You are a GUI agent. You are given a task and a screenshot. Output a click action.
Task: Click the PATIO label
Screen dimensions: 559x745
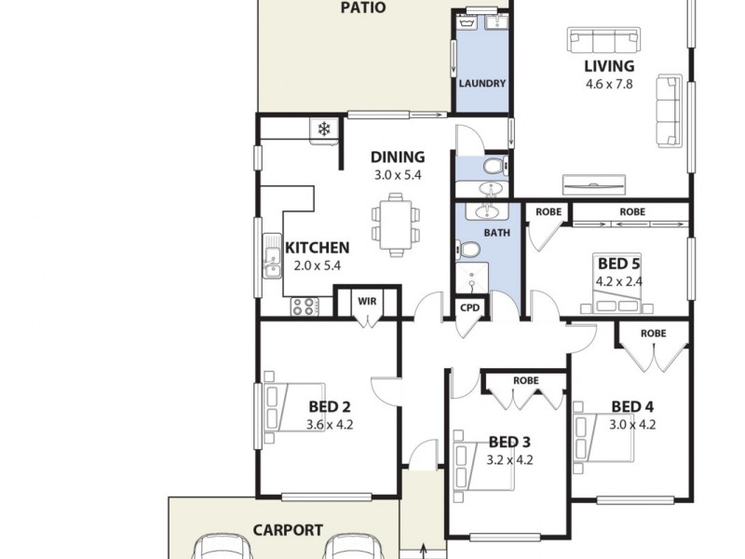click(x=363, y=8)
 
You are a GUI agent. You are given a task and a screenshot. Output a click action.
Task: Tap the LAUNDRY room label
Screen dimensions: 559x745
click(x=482, y=84)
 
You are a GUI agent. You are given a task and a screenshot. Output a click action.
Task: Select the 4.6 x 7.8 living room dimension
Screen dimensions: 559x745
click(x=609, y=84)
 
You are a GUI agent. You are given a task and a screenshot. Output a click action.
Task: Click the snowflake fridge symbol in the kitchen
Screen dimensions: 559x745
click(x=324, y=129)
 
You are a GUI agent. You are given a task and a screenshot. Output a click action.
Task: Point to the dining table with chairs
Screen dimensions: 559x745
click(x=392, y=225)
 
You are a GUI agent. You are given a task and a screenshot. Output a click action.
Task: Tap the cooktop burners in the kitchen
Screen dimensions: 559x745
click(x=304, y=305)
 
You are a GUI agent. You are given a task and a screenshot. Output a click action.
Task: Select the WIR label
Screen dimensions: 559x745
click(x=367, y=301)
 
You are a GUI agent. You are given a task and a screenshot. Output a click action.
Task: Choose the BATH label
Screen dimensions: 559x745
click(x=496, y=233)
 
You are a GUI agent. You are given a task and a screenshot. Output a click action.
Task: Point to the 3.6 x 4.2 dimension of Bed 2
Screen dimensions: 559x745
click(x=330, y=425)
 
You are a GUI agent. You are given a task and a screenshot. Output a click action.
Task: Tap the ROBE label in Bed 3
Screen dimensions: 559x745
click(x=526, y=381)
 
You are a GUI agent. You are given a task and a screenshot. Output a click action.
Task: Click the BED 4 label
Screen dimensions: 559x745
click(x=632, y=406)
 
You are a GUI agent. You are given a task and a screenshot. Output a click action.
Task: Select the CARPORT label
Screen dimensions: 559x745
click(x=288, y=530)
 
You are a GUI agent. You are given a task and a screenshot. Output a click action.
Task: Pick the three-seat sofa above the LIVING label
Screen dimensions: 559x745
click(x=605, y=40)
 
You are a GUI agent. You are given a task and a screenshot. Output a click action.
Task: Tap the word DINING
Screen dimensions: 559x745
click(x=398, y=157)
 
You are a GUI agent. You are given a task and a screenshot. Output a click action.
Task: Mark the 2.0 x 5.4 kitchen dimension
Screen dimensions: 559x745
click(x=317, y=266)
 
